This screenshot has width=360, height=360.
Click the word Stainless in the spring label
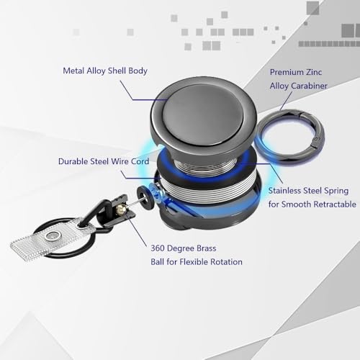click(x=287, y=191)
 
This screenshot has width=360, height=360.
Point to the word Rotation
click(x=223, y=261)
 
